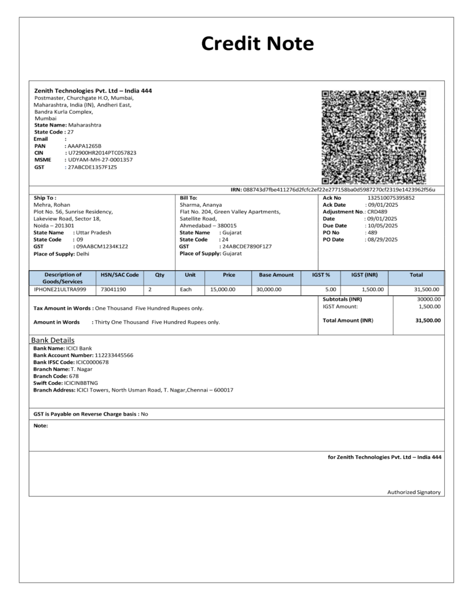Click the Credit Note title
(257, 43)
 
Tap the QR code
(374, 137)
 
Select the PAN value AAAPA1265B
(84, 145)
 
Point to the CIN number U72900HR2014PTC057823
(102, 152)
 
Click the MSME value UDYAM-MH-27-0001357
(100, 159)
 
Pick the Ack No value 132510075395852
(391, 197)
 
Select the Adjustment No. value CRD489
(377, 212)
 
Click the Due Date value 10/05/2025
(382, 226)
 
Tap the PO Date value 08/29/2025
(382, 239)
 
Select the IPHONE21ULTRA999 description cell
(60, 289)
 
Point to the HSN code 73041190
(114, 289)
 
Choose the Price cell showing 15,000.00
(223, 289)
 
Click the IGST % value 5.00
(331, 289)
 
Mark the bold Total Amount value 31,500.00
(428, 321)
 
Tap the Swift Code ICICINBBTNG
(90, 383)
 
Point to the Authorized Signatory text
(414, 492)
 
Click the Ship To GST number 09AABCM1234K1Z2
(101, 246)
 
